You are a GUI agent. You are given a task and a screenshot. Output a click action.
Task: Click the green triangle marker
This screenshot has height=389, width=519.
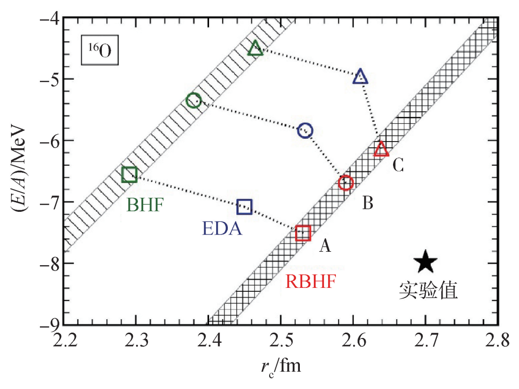coord(255,48)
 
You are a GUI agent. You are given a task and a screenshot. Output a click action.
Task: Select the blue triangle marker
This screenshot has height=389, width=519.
coord(360,77)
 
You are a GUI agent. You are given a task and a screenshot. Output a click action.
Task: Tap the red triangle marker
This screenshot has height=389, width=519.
coord(381,149)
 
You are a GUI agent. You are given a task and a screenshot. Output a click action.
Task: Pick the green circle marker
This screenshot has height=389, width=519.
coord(194,101)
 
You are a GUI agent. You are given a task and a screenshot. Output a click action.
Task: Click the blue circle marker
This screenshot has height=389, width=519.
coord(305,130)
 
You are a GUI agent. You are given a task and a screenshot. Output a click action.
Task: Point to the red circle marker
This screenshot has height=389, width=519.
coord(346,183)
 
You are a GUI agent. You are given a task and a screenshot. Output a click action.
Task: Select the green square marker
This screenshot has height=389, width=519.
coord(129,175)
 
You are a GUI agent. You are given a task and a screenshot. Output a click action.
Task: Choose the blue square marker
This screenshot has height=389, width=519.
coord(245,207)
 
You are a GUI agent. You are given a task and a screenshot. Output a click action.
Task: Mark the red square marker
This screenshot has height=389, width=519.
coord(303,233)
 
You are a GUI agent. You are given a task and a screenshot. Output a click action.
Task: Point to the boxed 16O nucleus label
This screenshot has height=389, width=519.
coord(99,50)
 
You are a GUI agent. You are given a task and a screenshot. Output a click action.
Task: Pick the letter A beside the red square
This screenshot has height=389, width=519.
coord(325,246)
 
